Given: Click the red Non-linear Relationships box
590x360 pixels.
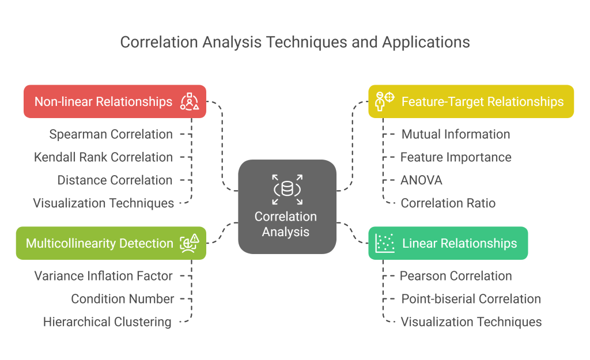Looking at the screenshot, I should coord(115,102).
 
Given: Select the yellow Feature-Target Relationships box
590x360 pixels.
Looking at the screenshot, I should coord(471,102).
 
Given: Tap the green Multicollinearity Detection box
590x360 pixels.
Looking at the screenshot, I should coord(111,243).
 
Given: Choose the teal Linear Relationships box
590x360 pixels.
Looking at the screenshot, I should coord(448,243).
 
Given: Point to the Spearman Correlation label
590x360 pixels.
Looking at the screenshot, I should coord(111,134).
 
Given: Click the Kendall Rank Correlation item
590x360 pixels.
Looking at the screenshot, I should coord(103,157).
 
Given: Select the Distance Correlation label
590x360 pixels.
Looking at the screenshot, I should coord(115,180).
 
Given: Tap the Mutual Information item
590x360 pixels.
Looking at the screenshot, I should coord(455,134).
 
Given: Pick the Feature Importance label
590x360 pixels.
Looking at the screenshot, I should coord(456,157).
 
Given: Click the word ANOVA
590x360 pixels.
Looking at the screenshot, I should coord(421,180).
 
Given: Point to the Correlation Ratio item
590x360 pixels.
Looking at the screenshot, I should coord(448,203).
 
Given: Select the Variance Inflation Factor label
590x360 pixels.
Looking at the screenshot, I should coord(103,276).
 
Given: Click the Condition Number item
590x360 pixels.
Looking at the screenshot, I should coord(122,299).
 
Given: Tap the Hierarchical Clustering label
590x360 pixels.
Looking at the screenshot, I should coord(107,322).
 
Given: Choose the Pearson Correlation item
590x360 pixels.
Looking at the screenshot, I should coord(456,276).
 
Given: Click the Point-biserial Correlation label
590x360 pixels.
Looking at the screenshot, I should coord(471,299).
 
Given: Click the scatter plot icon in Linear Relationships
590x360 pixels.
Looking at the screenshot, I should coord(385,243).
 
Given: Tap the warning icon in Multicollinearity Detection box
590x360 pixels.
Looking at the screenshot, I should coord(195,238).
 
